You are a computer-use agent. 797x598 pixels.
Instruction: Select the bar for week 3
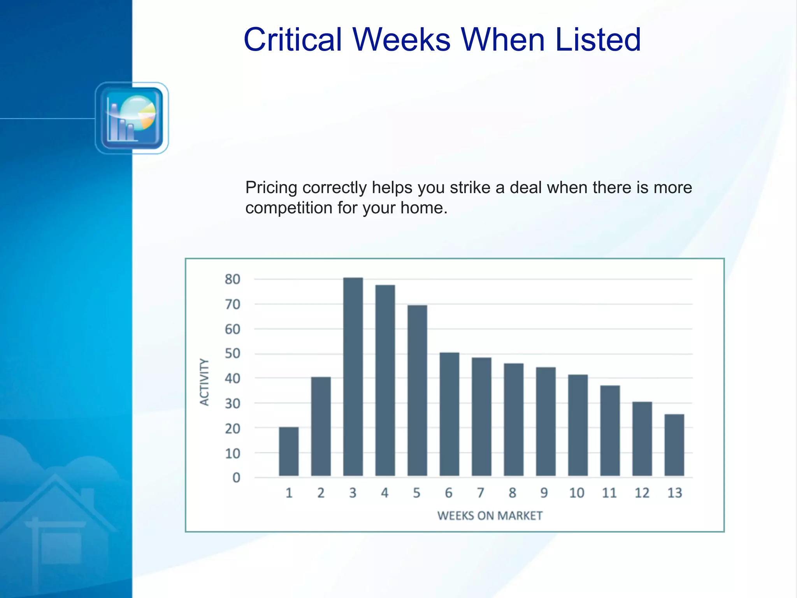click(353, 376)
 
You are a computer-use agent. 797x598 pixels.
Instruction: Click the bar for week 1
click(289, 452)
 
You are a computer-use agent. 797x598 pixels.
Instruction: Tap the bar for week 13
click(674, 445)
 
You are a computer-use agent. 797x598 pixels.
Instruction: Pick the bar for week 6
click(449, 414)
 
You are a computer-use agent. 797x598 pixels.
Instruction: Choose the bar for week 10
click(578, 425)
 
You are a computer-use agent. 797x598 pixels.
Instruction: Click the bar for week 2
click(321, 426)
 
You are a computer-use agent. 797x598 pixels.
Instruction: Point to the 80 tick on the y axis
click(232, 279)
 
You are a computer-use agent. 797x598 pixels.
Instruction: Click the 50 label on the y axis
click(232, 354)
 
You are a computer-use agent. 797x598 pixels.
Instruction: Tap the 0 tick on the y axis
click(236, 478)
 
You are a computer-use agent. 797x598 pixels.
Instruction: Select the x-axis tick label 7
click(481, 493)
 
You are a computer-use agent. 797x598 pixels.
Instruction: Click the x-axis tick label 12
click(642, 493)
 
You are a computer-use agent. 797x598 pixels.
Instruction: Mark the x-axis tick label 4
click(384, 493)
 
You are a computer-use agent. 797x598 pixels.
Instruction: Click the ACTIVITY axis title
click(204, 382)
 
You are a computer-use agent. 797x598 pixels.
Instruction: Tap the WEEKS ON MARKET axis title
click(490, 516)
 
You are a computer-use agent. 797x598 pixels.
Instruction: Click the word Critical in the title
click(293, 40)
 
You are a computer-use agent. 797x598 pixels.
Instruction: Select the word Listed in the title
click(598, 40)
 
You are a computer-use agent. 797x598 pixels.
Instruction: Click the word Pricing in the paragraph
click(271, 188)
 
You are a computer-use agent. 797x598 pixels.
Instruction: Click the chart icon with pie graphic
click(132, 118)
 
